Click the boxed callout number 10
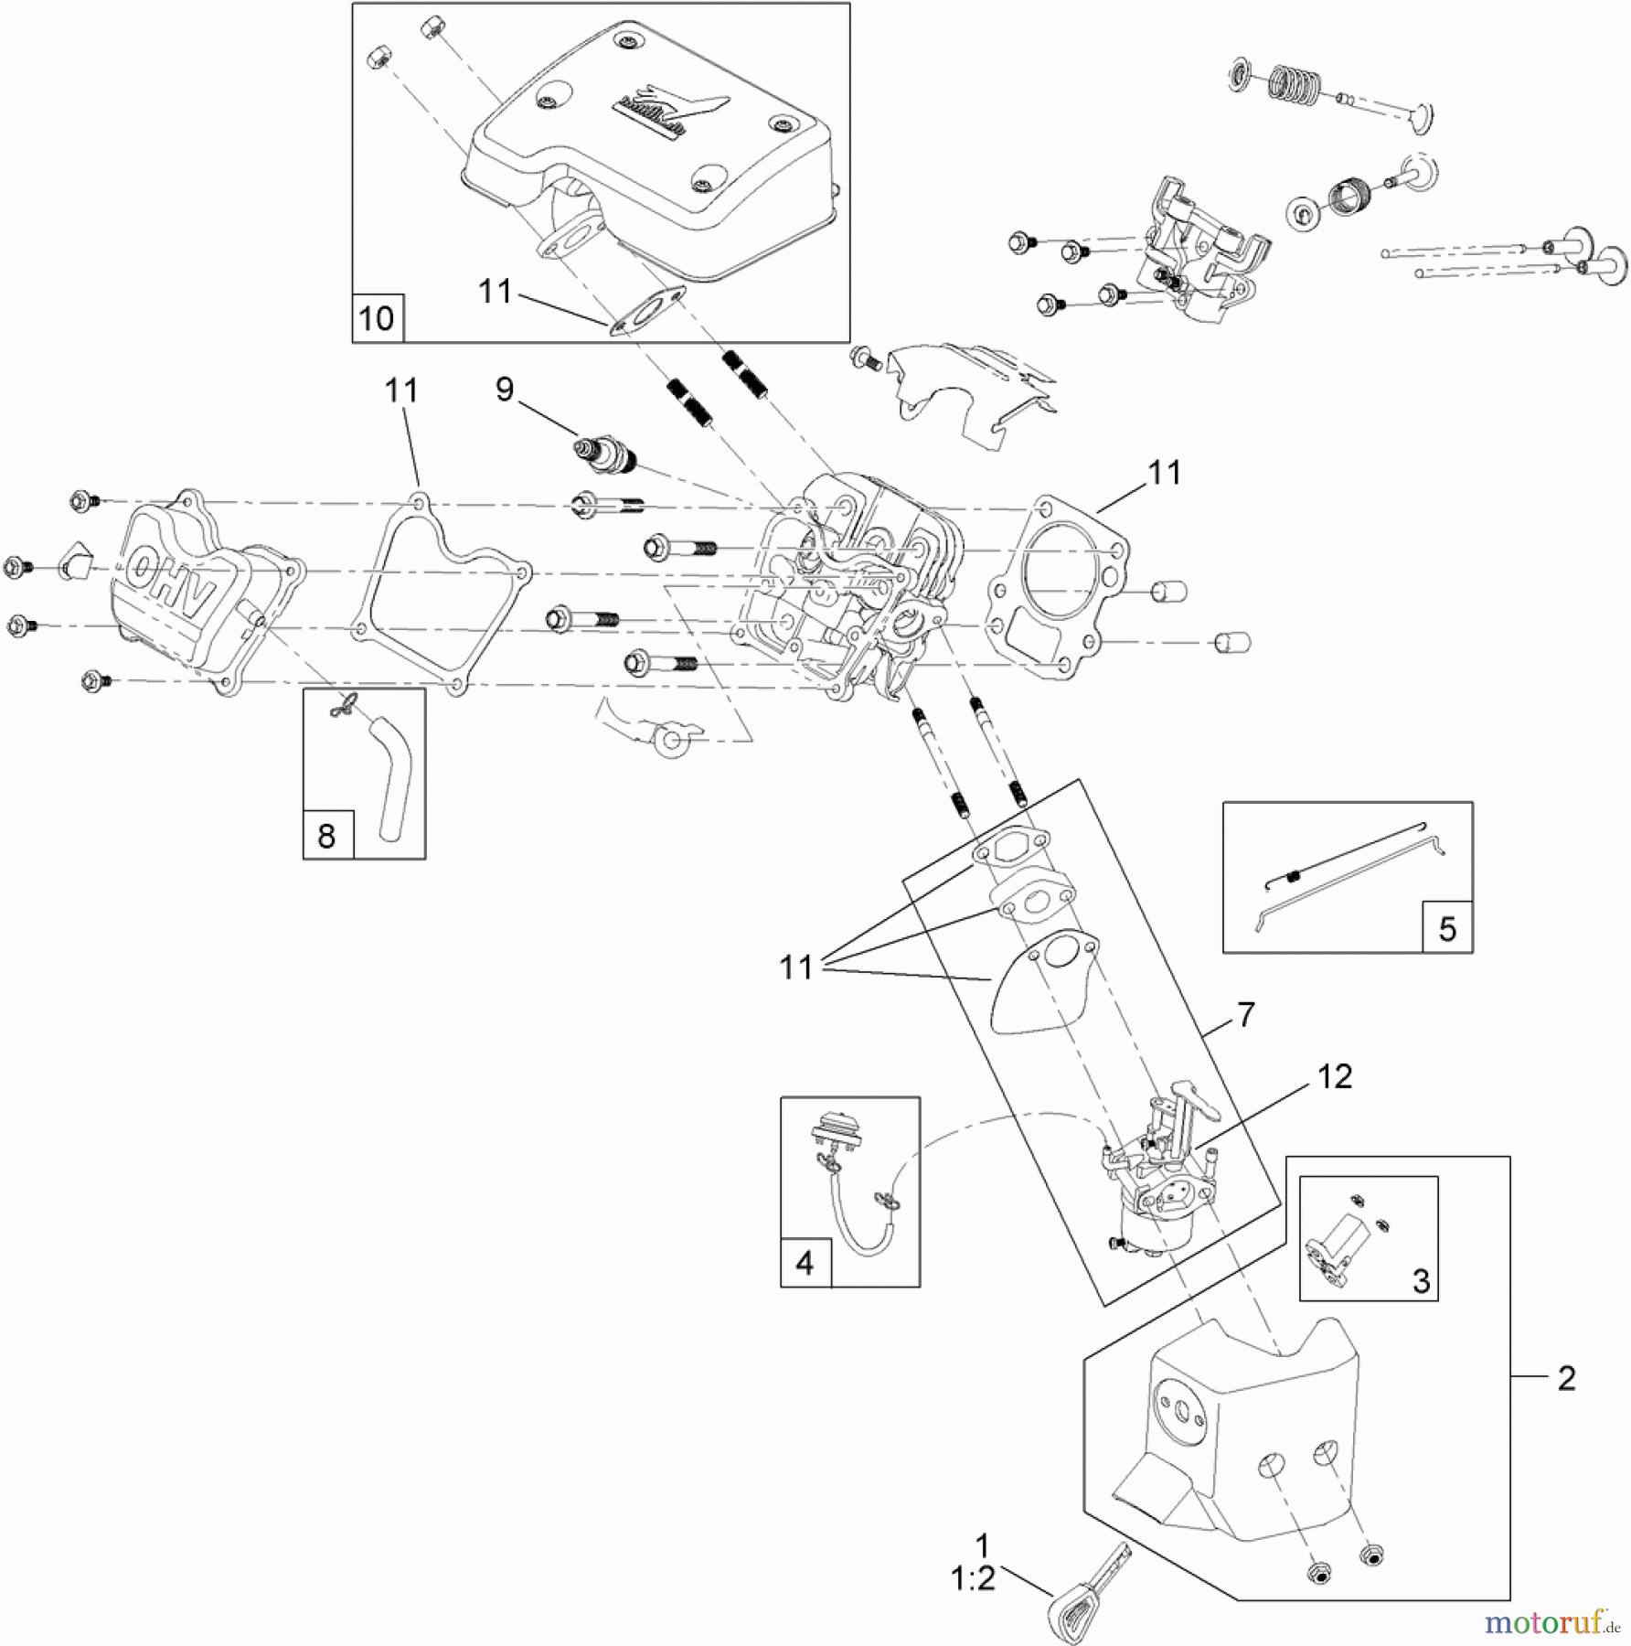click(377, 319)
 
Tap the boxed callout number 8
click(326, 836)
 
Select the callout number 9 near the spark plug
click(505, 390)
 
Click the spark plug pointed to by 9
click(603, 454)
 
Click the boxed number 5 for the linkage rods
click(1447, 929)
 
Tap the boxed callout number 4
click(805, 1263)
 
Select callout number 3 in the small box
click(1421, 1281)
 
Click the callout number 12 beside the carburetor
click(1335, 1076)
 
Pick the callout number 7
click(1246, 1014)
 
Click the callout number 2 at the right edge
click(1566, 1379)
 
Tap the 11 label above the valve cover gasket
click(401, 391)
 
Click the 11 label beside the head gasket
click(1164, 473)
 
